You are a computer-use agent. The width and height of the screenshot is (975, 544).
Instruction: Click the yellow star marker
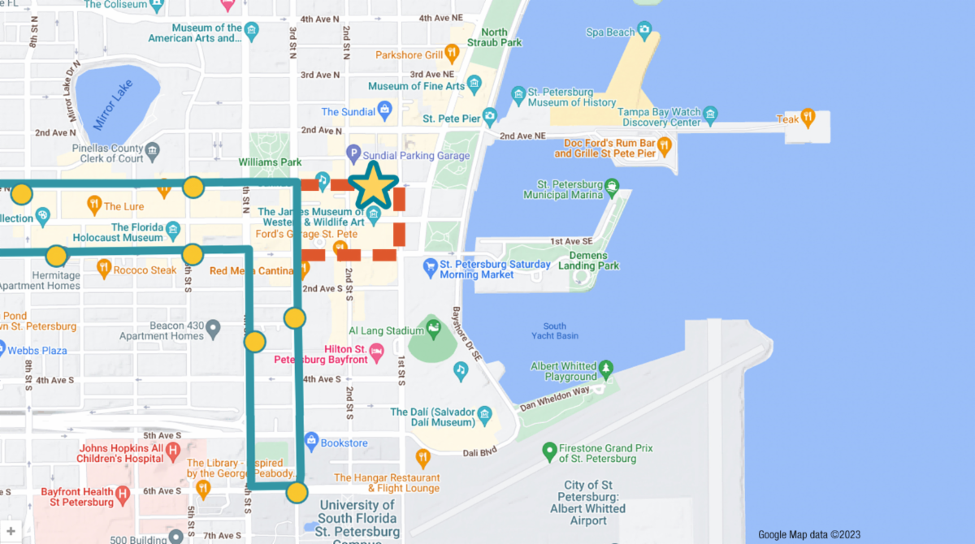373,187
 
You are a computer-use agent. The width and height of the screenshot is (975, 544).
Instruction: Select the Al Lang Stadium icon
434,330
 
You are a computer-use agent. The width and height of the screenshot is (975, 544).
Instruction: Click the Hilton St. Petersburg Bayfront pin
376,351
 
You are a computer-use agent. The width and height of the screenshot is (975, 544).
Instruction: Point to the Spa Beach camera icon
644,32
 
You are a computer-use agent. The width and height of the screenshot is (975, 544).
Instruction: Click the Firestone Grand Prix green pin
549,449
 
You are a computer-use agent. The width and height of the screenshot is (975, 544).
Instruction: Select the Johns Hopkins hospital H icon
171,449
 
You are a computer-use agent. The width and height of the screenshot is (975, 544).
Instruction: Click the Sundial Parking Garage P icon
353,152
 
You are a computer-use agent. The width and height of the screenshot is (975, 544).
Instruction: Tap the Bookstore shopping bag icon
310,442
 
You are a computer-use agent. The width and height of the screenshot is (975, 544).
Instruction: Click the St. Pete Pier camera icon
489,118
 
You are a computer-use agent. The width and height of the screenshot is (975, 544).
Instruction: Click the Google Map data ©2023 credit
808,534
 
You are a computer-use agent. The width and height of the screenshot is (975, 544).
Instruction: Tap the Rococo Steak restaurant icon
103,266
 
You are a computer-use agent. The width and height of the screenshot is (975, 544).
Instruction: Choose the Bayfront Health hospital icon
123,493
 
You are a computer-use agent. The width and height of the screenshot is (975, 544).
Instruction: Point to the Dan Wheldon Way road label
555,397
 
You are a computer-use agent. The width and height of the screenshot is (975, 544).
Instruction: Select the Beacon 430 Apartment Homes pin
213,329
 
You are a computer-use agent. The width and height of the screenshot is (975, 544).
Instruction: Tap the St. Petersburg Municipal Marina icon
613,186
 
